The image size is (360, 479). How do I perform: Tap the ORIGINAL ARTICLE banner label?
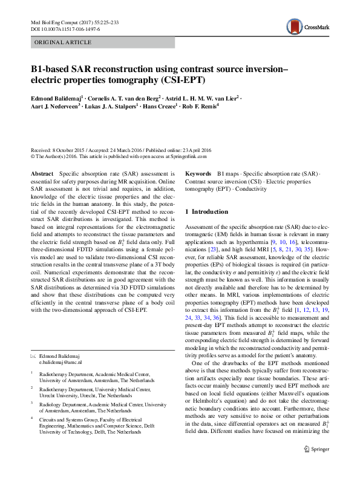click(x=63, y=42)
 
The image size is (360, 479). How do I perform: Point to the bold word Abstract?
click(x=42, y=173)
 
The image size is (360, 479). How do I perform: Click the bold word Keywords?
click(x=198, y=173)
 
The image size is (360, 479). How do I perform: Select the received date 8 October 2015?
click(x=69, y=150)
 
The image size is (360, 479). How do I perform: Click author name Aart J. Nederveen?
click(x=58, y=107)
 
